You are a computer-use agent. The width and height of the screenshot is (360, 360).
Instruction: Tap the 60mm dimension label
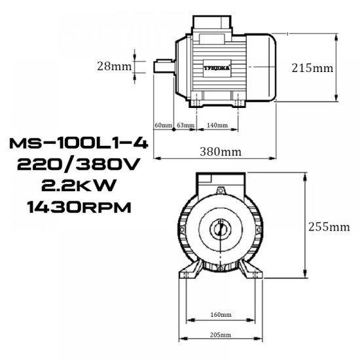(162, 125)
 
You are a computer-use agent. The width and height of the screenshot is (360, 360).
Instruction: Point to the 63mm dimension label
(185, 125)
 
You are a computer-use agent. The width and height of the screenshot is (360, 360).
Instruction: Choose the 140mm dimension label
(217, 125)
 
